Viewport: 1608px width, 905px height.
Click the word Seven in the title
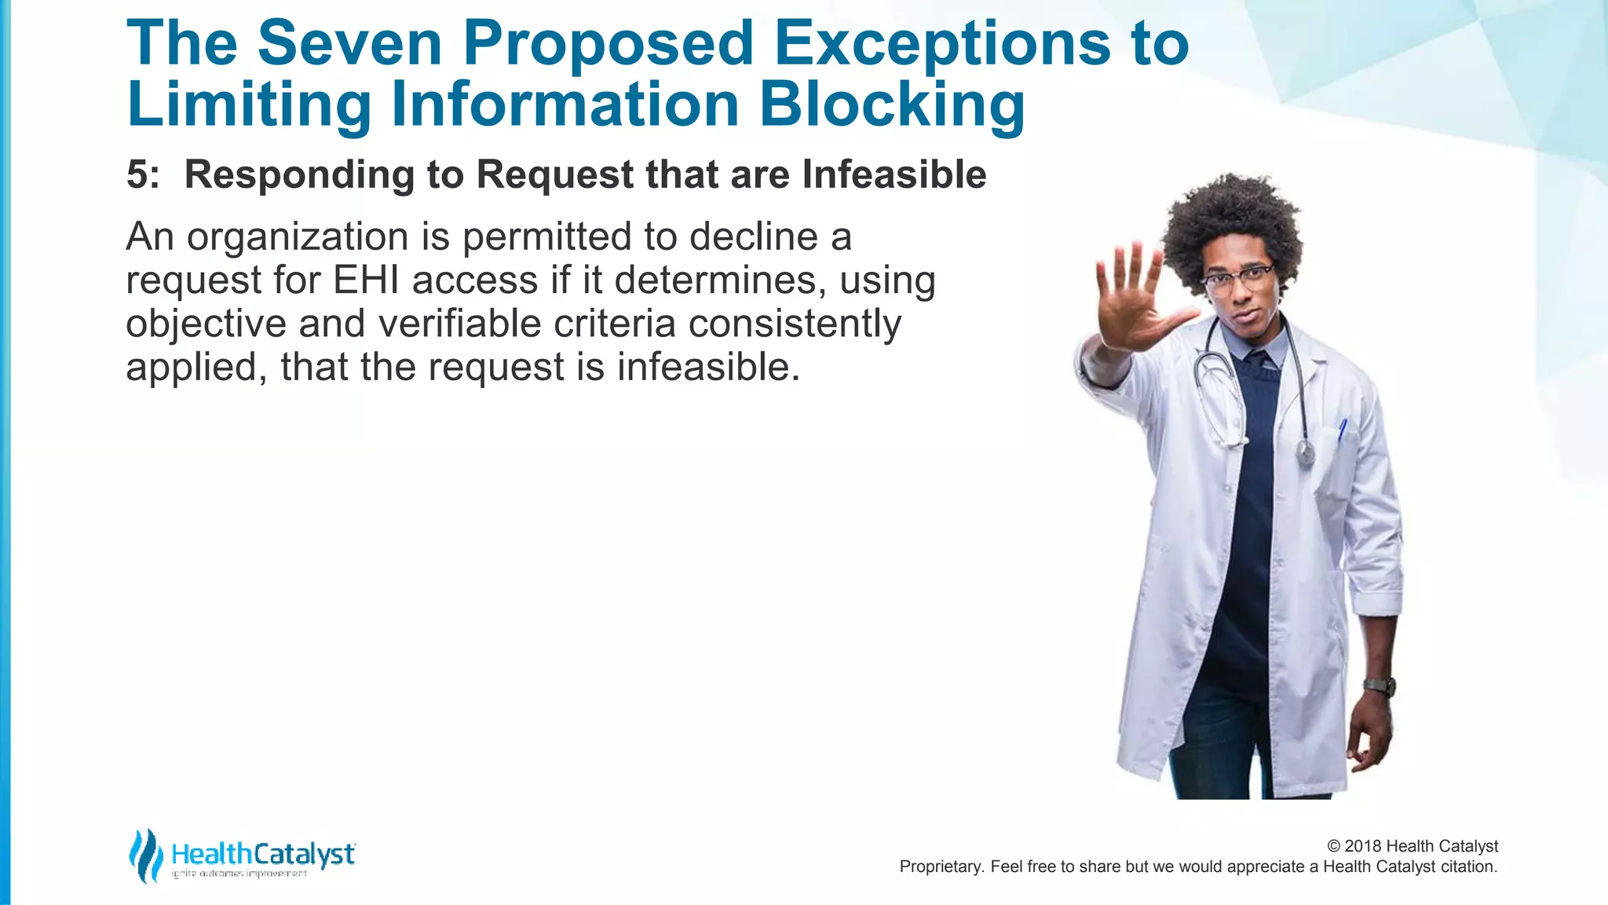pyautogui.click(x=349, y=43)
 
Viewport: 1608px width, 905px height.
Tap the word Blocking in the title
pyautogui.click(x=892, y=104)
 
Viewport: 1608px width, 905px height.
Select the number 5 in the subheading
pyautogui.click(x=138, y=174)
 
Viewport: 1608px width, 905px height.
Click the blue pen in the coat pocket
pyautogui.click(x=1342, y=429)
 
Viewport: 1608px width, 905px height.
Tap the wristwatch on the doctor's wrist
pyautogui.click(x=1380, y=686)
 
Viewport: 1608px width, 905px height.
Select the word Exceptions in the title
pyautogui.click(x=942, y=43)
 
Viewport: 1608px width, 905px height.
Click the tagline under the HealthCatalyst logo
pyautogui.click(x=239, y=874)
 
